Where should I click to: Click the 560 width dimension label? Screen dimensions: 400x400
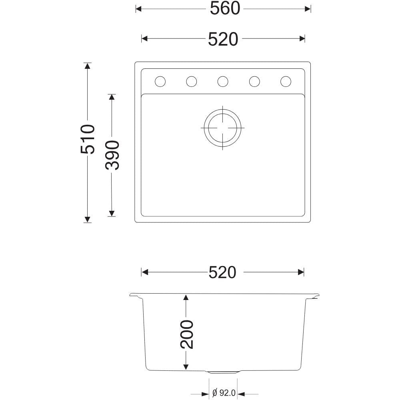click(x=225, y=8)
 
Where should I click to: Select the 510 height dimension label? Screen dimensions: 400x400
click(x=88, y=139)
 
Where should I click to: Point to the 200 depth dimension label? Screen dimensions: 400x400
click(x=187, y=334)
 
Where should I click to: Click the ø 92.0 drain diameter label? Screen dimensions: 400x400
click(x=224, y=393)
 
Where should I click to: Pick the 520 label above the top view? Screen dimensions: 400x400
click(x=223, y=39)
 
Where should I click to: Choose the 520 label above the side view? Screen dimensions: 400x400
click(x=222, y=272)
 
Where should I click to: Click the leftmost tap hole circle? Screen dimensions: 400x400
click(x=160, y=82)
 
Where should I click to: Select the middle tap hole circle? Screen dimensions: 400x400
click(x=223, y=82)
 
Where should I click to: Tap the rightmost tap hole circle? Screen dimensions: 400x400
click(x=286, y=82)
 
